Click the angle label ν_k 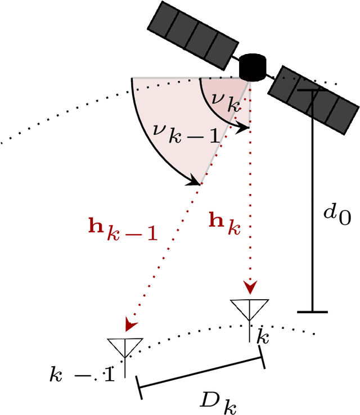coord(226,101)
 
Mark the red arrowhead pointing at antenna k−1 coord(132,324)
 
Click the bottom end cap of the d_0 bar coord(312,311)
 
